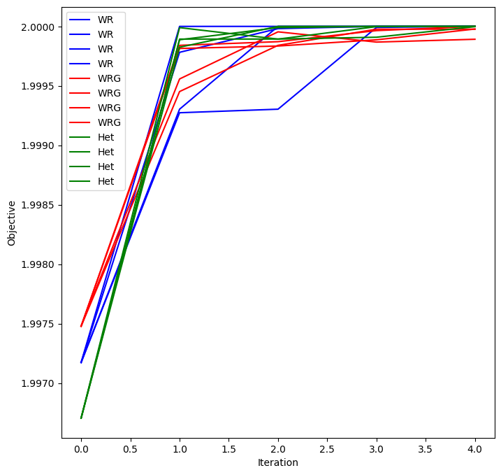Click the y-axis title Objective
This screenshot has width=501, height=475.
point(11,223)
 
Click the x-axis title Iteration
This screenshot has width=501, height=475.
point(278,462)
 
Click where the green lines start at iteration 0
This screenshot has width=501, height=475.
point(81,418)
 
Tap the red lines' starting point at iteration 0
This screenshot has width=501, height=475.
point(81,326)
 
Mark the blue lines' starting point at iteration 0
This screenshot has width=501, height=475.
point(81,362)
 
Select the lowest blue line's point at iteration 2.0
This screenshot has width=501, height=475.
point(278,109)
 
